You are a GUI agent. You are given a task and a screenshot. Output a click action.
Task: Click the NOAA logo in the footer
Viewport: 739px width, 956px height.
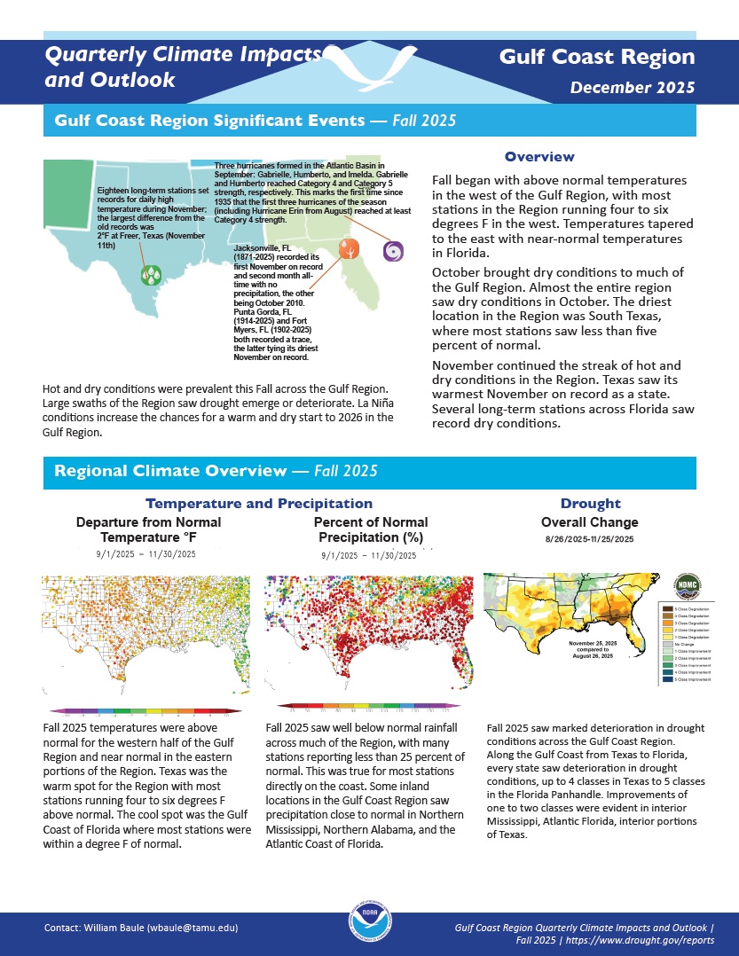point(368,928)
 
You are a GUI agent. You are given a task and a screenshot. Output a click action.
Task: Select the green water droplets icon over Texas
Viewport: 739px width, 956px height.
point(151,275)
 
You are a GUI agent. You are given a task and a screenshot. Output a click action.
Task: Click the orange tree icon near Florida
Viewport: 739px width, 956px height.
point(349,249)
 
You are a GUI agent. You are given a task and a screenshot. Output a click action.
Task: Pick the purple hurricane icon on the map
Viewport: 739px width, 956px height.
point(392,251)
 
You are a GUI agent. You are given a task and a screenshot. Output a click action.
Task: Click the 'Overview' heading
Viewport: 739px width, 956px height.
point(539,157)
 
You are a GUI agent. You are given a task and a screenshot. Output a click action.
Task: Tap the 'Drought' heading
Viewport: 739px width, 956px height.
point(590,503)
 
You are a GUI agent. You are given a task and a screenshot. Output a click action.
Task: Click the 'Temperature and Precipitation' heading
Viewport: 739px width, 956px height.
point(259,504)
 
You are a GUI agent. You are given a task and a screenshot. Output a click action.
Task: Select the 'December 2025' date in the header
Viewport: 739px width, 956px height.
point(632,88)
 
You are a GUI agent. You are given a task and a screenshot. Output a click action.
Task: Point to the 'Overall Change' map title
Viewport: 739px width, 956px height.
point(589,522)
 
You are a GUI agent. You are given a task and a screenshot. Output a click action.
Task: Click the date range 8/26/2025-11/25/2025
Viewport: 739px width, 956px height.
point(589,539)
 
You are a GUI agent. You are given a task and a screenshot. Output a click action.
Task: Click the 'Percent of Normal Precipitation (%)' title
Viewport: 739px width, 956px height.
point(370,529)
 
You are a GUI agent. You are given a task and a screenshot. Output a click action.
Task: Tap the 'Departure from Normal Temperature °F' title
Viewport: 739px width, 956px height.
point(148,529)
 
